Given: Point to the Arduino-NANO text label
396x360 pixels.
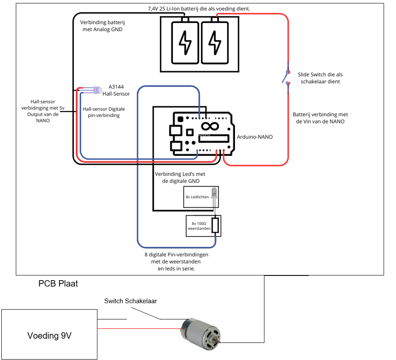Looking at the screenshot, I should pyautogui.click(x=255, y=137).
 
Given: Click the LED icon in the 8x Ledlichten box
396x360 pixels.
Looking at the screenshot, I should pyautogui.click(x=213, y=196).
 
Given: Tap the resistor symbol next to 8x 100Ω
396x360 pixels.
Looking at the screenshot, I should pyautogui.click(x=215, y=225).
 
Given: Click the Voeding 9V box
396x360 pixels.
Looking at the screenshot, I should pyautogui.click(x=49, y=335).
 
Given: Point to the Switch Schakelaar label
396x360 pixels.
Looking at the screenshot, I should pyautogui.click(x=130, y=301).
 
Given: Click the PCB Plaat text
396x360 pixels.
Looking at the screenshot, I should pyautogui.click(x=58, y=283).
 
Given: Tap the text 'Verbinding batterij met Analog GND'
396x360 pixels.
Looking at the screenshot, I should pyautogui.click(x=101, y=26).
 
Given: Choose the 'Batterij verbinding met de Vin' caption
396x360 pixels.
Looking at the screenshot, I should pyautogui.click(x=320, y=118).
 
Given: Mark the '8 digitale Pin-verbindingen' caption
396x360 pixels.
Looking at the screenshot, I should pyautogui.click(x=176, y=261).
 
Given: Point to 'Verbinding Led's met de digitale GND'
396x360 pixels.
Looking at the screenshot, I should pyautogui.click(x=180, y=177).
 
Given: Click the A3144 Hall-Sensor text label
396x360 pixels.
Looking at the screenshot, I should pyautogui.click(x=116, y=90).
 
